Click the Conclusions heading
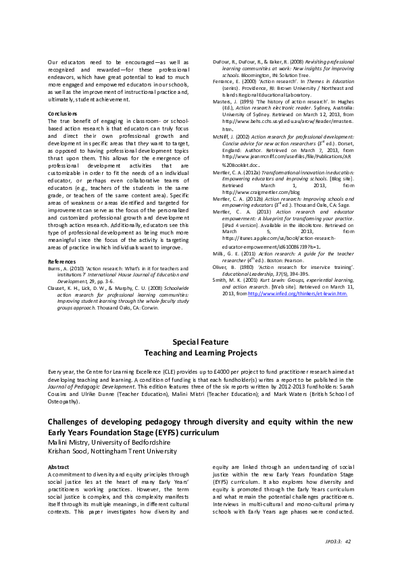(x=62, y=114)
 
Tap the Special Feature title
(x=201, y=342)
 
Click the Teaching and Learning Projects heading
(x=201, y=353)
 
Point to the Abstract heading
(x=59, y=466)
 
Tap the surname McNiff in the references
(x=222, y=135)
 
